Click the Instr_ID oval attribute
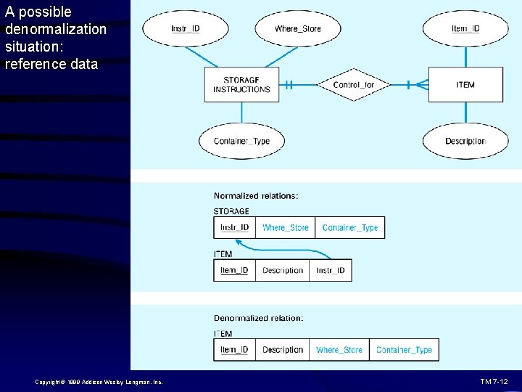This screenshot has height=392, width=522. (x=186, y=29)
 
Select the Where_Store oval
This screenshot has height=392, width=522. (x=297, y=29)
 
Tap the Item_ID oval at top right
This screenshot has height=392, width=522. (x=465, y=29)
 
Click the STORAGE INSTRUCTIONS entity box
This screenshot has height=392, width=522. (x=241, y=85)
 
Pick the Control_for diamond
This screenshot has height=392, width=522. (x=353, y=85)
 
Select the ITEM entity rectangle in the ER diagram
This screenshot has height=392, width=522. (x=465, y=85)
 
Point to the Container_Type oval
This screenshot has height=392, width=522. (x=241, y=141)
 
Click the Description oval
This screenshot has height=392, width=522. (x=465, y=141)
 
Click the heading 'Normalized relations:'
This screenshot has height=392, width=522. (x=255, y=195)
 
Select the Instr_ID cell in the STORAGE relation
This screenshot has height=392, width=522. (x=234, y=227)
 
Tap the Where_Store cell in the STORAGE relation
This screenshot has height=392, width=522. (x=285, y=227)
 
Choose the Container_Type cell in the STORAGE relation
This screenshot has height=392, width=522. (x=349, y=227)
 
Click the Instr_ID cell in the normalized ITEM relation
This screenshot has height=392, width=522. (x=331, y=270)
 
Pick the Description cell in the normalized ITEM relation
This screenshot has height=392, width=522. (x=283, y=270)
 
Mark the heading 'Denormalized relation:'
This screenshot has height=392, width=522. (x=258, y=318)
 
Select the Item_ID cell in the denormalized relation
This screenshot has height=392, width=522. (x=234, y=350)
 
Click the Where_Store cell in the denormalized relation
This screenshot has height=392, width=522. (x=339, y=350)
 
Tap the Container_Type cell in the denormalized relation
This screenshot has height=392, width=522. (x=404, y=350)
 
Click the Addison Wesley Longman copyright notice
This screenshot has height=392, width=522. (x=98, y=382)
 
